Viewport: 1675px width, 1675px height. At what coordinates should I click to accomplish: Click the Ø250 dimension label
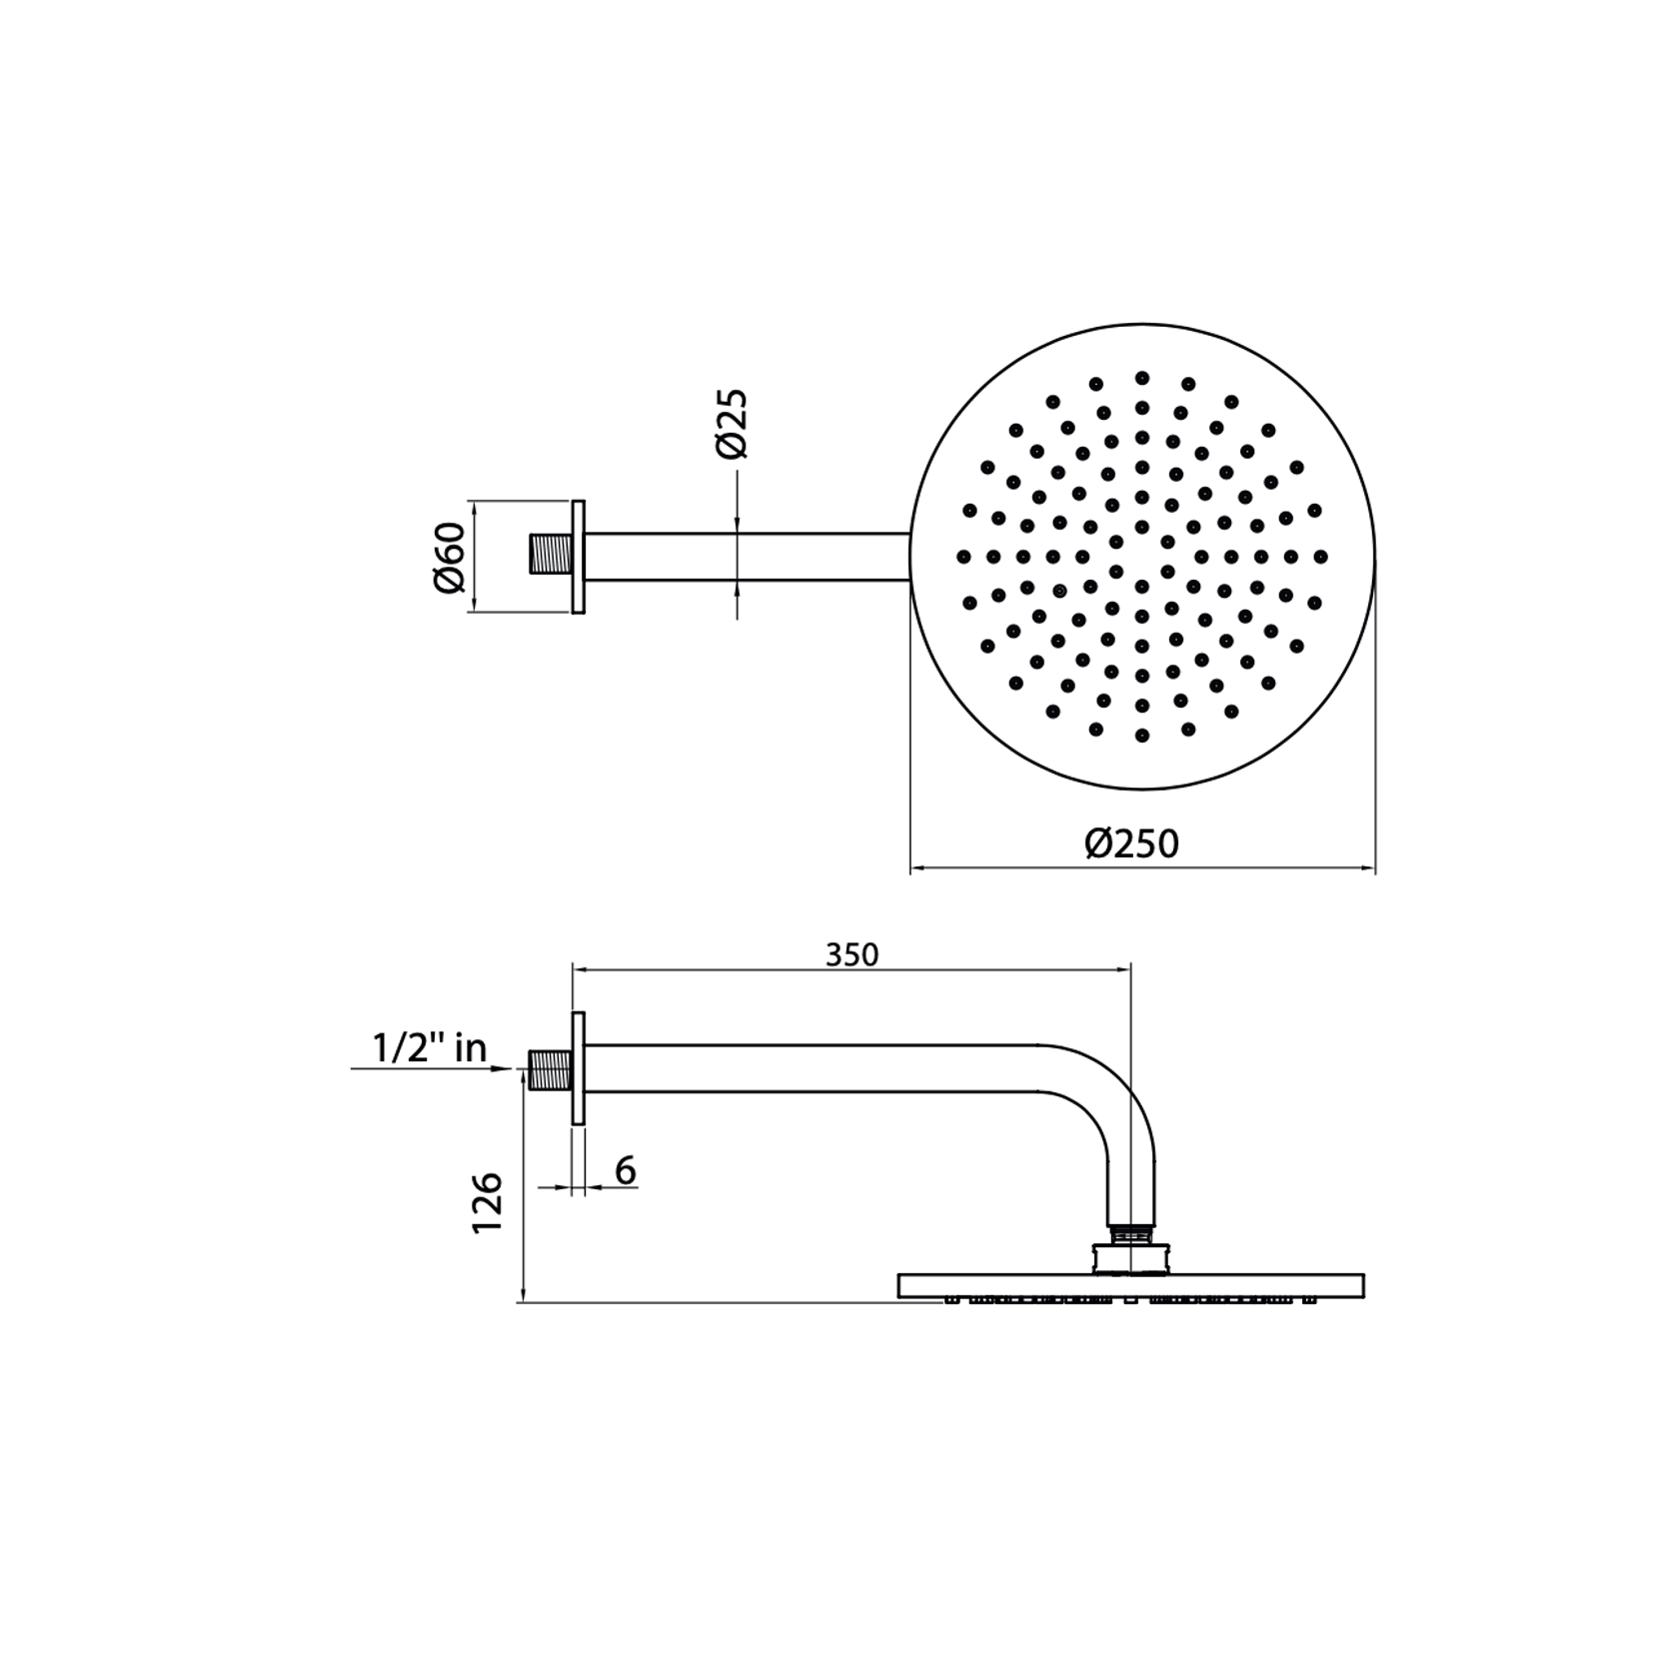coord(1132,843)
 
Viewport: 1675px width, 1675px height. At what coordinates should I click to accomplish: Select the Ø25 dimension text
coord(733,424)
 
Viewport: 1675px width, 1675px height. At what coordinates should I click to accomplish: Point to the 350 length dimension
coord(851,955)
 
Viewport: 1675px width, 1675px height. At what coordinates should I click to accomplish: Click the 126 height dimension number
coord(488,1202)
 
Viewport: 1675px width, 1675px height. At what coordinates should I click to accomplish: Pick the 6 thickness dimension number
coord(626,1170)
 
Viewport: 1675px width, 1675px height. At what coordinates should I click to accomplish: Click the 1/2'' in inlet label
coord(430,1048)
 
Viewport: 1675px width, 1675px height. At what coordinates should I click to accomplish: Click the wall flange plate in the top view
coord(578,557)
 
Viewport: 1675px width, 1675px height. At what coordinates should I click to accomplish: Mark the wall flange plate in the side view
coord(578,1068)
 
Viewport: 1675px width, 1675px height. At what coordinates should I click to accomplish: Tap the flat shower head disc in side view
coord(1131,1285)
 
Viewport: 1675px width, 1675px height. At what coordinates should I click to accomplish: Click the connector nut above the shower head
coord(1131,1257)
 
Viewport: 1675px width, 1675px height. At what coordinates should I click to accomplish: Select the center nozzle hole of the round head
coord(1142,556)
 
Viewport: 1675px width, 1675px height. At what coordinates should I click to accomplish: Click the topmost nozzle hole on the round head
coord(1142,378)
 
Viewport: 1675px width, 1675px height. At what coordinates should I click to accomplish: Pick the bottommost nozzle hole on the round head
coord(1142,736)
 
